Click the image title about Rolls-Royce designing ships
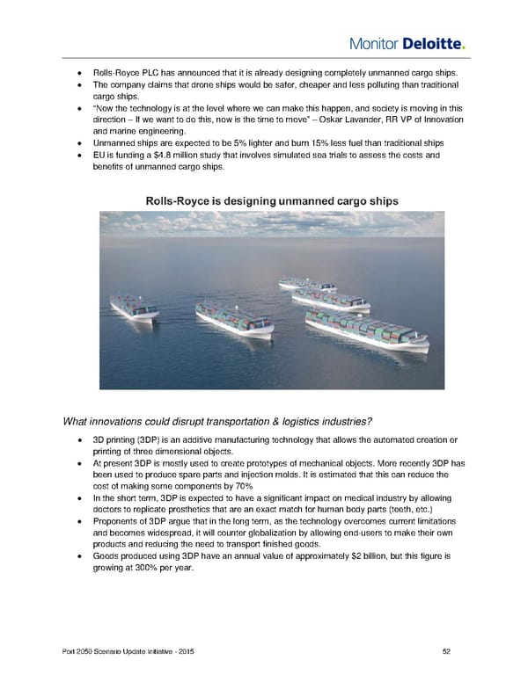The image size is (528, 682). pyautogui.click(x=272, y=200)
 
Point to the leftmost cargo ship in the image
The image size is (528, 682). pyautogui.click(x=133, y=307)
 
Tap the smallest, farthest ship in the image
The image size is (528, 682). pyautogui.click(x=305, y=283)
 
